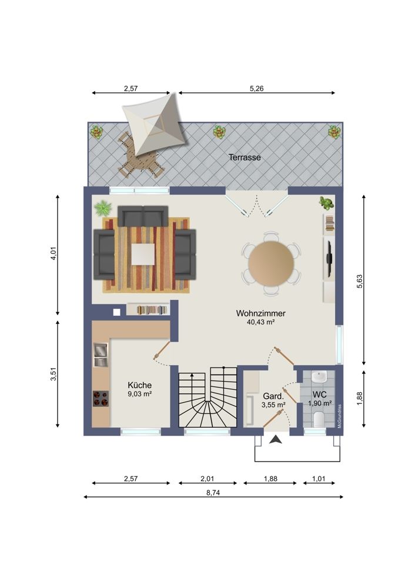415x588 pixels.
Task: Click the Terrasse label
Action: pos(245,158)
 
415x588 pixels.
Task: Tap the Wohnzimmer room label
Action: pos(261,313)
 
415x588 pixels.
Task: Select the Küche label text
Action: pos(140,385)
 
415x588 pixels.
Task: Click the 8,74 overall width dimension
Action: pos(213,493)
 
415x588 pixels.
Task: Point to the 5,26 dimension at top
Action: pos(257,89)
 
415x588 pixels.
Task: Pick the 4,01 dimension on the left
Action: pos(53,254)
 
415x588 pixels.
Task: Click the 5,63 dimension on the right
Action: pos(360,281)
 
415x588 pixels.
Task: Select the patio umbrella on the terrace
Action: pos(156,124)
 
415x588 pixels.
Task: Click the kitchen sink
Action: pos(101,354)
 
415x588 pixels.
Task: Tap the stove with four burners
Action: pos(101,398)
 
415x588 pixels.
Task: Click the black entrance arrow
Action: pos(276,439)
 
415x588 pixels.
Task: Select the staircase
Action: pos(207,398)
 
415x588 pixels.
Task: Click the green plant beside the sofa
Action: pos(103,208)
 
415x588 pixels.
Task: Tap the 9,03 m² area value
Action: pos(140,394)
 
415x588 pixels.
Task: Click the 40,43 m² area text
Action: pos(261,322)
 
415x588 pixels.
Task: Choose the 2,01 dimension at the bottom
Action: pos(207,479)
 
